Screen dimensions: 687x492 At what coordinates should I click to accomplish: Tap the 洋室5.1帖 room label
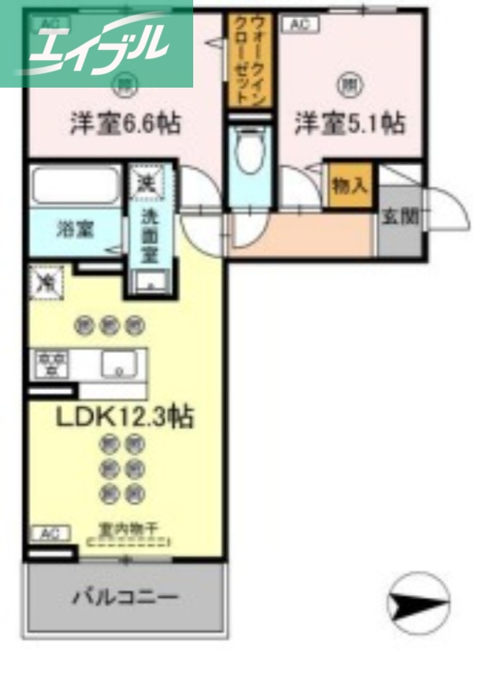pos(349,124)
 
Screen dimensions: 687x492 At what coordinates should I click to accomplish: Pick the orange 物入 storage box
pos(349,185)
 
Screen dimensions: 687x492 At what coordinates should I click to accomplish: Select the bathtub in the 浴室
pos(76,186)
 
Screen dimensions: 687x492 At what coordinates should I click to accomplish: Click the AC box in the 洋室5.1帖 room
pos(298,25)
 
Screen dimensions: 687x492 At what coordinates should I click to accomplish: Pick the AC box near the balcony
pos(50,533)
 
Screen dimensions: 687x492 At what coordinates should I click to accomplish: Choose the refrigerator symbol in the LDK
pos(45,283)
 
